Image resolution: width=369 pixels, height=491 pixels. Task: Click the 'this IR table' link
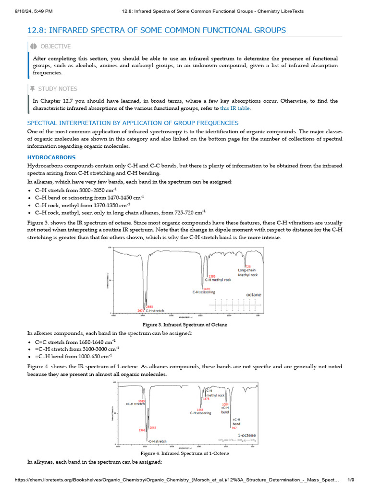235,108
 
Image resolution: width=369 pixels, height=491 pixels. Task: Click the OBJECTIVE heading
55,47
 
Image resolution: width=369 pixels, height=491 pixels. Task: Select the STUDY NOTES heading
59,89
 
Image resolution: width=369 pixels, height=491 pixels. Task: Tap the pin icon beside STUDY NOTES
33,89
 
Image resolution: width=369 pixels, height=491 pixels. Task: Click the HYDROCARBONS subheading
51,157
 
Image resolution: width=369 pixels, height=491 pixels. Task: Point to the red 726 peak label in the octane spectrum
248,266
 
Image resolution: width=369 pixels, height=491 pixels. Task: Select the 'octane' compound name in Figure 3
254,295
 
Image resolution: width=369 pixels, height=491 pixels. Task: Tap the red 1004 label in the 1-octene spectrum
225,404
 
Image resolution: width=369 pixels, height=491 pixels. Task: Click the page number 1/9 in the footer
351,479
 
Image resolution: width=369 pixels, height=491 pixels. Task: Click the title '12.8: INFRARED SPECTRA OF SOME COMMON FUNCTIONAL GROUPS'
157,30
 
